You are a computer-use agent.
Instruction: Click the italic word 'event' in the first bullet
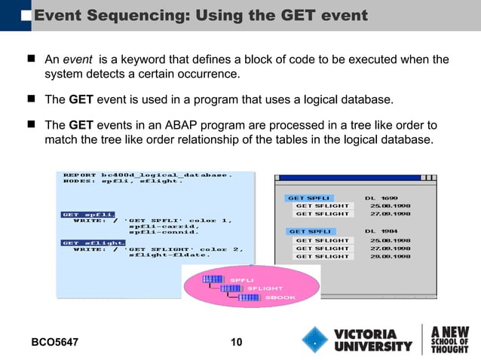[x=78, y=59]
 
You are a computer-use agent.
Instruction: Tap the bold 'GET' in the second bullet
[x=81, y=99]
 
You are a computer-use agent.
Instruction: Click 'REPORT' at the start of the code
[x=80, y=175]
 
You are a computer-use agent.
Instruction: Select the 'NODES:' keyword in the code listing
[x=78, y=182]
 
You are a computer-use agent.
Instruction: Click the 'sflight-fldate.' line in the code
[x=170, y=255]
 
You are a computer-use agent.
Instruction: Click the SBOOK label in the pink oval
[x=280, y=297]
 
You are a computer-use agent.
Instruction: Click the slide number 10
[x=236, y=343]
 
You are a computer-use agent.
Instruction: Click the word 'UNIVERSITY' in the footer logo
[x=373, y=347]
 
